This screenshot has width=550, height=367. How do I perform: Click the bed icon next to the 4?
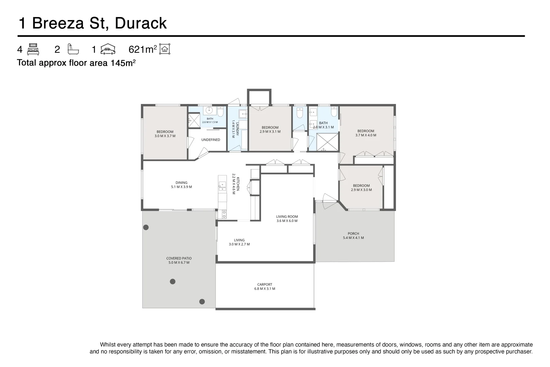point(33,49)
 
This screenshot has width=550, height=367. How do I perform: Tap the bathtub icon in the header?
point(73,49)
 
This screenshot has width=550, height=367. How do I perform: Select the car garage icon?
point(108,49)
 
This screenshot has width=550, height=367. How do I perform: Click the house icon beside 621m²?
point(165,49)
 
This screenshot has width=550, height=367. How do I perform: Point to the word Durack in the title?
point(141,23)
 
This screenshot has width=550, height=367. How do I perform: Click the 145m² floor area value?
point(123,63)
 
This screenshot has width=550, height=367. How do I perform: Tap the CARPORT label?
point(265,284)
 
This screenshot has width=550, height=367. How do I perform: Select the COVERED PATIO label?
point(179,258)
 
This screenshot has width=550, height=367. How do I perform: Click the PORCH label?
point(353,233)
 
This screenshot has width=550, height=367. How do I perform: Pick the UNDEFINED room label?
point(211,140)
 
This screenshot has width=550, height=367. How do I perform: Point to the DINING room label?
point(181,182)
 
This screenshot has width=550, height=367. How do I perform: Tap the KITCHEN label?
point(238,184)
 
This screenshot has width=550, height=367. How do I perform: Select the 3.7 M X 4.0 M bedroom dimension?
point(366,135)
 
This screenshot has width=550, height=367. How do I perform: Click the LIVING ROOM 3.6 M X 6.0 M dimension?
point(287,221)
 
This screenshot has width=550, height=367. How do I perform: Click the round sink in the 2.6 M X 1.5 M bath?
point(209,110)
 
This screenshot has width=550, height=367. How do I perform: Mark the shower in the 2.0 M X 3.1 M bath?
point(328,142)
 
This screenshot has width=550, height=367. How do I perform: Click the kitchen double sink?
point(222,186)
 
